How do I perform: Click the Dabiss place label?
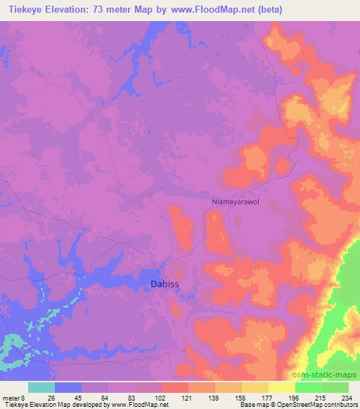pyautogui.click(x=166, y=284)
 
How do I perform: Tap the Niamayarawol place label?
pyautogui.click(x=236, y=202)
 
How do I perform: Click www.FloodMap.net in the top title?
pyautogui.click(x=226, y=8)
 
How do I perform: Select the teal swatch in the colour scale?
pyautogui.click(x=41, y=388)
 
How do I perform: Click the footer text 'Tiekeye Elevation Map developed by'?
pyautogui.click(x=42, y=404)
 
